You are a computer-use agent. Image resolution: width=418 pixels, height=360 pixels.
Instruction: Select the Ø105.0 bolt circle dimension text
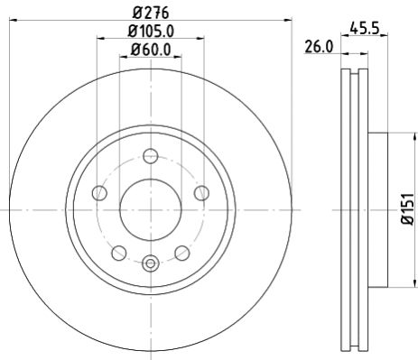click(x=150, y=33)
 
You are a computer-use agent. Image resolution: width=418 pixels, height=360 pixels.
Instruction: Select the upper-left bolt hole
click(x=101, y=192)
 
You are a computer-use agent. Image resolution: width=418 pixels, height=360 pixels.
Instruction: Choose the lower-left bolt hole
click(x=118, y=251)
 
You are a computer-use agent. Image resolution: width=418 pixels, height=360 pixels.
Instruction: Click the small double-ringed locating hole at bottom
click(x=150, y=263)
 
